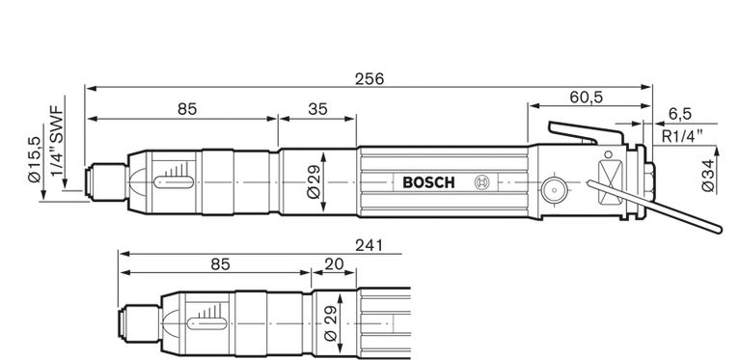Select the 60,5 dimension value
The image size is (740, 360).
[585, 97]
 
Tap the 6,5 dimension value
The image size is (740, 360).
[678, 114]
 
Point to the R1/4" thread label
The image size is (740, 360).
[682, 135]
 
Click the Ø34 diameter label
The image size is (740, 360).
[707, 175]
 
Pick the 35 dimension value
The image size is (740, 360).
[317, 109]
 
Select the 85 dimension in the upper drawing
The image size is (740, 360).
[186, 109]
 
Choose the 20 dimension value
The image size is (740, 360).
[334, 263]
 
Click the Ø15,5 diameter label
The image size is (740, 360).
[35, 159]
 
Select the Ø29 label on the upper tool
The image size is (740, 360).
[315, 181]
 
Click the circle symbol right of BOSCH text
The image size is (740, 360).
[481, 182]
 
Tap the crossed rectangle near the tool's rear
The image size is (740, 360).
[610, 182]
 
